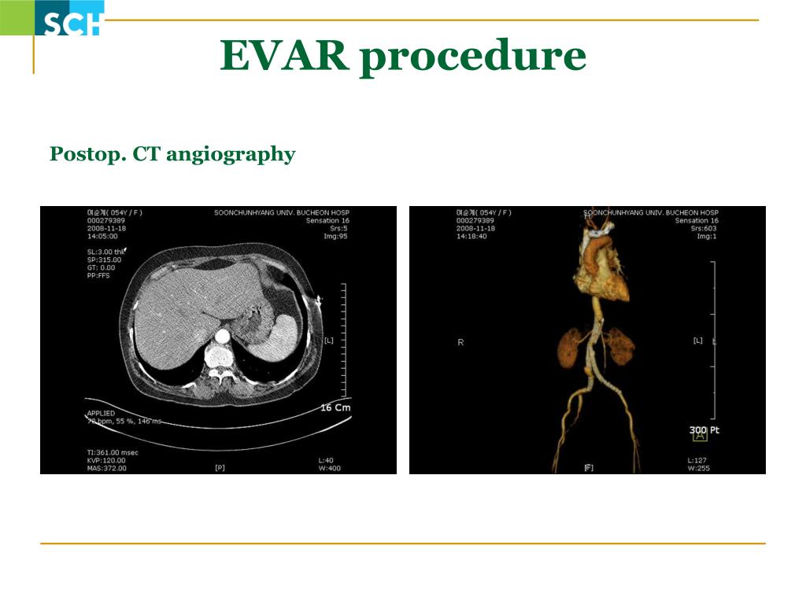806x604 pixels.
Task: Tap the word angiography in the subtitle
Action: pos(231,154)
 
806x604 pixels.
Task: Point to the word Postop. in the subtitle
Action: pos(87,153)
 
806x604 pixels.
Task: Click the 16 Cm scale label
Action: pos(336,407)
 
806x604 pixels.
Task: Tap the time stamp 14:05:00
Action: pos(102,236)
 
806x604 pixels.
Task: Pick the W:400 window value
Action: pos(328,468)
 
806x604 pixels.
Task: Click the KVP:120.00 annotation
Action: pos(106,460)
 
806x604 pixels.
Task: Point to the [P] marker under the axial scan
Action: pos(220,468)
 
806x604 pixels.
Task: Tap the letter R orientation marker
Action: pos(460,342)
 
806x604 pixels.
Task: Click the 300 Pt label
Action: pos(704,430)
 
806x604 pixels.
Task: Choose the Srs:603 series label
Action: pos(704,228)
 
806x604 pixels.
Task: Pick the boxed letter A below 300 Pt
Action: pos(700,438)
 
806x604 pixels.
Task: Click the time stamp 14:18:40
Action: pos(471,236)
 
